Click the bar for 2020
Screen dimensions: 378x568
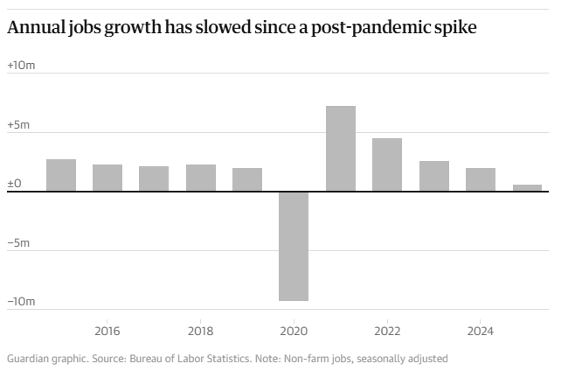(294, 246)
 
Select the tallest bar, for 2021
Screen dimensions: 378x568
(341, 149)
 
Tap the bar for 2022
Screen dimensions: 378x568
(387, 164)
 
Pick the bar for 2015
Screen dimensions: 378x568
(61, 175)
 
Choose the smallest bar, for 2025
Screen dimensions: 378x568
(527, 188)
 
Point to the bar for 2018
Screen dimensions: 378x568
(201, 178)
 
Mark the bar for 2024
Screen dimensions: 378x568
(481, 179)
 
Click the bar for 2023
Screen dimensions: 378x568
(434, 176)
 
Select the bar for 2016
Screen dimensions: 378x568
(107, 178)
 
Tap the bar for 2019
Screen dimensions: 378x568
(247, 179)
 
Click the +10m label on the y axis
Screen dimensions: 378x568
(20, 66)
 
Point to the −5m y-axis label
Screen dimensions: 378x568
(20, 243)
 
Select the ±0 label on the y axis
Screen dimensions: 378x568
(14, 184)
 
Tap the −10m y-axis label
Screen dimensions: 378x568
(22, 302)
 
